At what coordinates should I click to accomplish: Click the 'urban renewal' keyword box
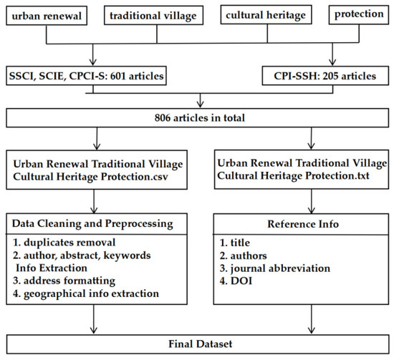47,16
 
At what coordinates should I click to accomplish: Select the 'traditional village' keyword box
153,15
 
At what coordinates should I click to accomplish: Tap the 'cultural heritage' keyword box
266,15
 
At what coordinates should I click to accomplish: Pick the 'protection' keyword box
359,14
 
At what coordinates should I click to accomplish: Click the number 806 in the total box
163,118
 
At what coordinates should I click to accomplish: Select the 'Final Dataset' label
201,344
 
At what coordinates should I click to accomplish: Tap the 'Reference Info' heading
303,224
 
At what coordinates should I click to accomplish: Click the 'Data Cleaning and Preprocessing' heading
92,224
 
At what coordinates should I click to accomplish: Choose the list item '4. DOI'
236,281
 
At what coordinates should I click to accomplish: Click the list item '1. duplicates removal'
64,243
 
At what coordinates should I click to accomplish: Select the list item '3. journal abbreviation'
275,268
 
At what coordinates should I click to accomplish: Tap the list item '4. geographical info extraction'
86,293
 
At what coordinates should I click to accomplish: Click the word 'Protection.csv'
135,177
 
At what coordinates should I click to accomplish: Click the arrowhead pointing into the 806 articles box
200,104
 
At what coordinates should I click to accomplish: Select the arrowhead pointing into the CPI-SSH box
332,62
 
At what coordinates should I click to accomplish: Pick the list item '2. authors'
244,256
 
